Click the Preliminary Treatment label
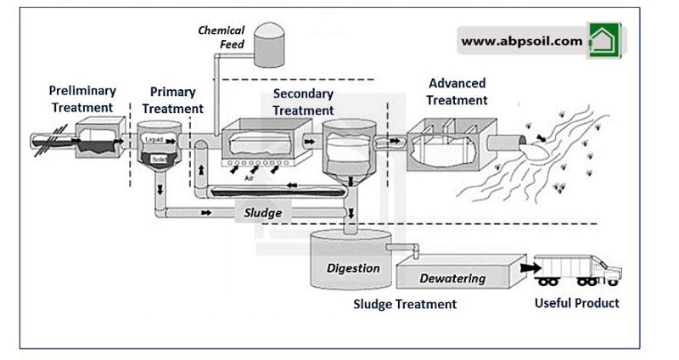[82, 98]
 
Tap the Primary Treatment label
[173, 100]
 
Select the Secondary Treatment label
[303, 102]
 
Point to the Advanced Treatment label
[457, 92]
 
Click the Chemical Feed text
[222, 37]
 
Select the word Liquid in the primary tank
[154, 138]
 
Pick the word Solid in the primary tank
[159, 158]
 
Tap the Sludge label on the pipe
[262, 213]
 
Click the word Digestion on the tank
[353, 268]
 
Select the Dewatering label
[453, 278]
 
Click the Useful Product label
[576, 302]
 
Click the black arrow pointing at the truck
[530, 267]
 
